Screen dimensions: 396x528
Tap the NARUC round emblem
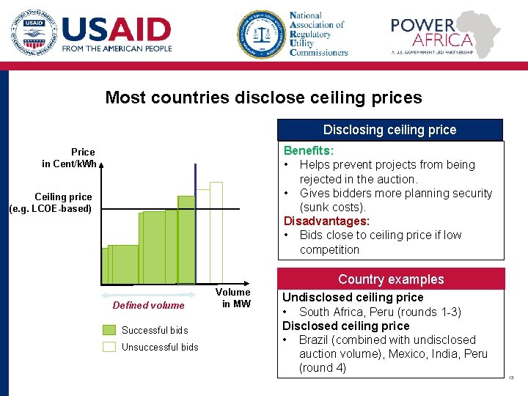(x=260, y=34)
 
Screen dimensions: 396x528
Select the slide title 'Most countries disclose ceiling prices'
(x=263, y=98)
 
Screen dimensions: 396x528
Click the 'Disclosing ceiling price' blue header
(x=389, y=130)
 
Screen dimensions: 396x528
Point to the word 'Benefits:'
(x=309, y=150)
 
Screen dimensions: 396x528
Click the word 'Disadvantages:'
(x=326, y=221)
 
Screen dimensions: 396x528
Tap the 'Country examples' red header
(x=391, y=279)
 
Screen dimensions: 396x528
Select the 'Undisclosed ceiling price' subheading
(x=353, y=297)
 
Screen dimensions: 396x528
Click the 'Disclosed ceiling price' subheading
(x=346, y=326)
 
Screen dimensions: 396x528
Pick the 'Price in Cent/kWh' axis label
(x=69, y=158)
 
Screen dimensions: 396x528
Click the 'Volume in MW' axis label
(x=236, y=298)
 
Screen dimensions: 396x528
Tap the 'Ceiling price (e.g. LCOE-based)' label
(x=51, y=202)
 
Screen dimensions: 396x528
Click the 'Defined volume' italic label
(x=149, y=305)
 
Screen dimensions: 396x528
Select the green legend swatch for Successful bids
(x=109, y=330)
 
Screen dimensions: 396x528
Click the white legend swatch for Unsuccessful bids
(x=109, y=347)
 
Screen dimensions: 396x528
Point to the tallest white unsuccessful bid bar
(x=216, y=231)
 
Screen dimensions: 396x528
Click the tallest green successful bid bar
(x=186, y=238)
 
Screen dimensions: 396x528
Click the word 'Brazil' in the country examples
(x=315, y=340)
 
